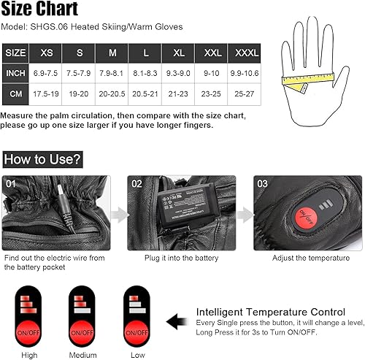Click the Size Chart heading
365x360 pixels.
pyautogui.click(x=39, y=9)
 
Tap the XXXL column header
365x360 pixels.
pyautogui.click(x=244, y=53)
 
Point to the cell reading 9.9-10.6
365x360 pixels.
pyautogui.click(x=244, y=74)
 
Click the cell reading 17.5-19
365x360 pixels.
pyautogui.click(x=45, y=94)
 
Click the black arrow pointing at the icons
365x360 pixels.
pyautogui.click(x=177, y=319)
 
